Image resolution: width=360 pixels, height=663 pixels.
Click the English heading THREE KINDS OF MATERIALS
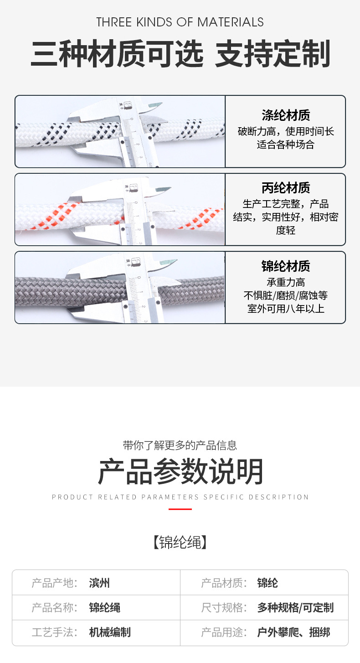click(180, 22)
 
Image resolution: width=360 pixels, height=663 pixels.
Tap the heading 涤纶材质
click(286, 115)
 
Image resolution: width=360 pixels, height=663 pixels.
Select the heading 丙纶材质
click(286, 187)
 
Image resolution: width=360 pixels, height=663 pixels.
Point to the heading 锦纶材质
click(286, 266)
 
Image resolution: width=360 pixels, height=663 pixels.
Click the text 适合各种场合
click(286, 145)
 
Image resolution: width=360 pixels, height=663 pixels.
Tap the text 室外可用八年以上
click(286, 309)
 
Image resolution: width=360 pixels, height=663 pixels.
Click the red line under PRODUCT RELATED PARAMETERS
click(180, 509)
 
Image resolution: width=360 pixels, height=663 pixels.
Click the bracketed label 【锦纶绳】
click(180, 543)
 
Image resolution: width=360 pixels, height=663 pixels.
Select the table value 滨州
click(99, 583)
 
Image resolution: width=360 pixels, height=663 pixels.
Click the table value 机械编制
click(110, 632)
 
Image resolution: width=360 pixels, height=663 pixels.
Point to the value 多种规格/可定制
click(295, 607)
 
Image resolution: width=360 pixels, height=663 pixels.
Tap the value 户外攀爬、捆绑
click(293, 632)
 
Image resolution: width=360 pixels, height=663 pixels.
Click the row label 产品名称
click(53, 607)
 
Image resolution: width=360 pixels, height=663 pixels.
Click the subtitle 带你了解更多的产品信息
click(180, 445)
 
